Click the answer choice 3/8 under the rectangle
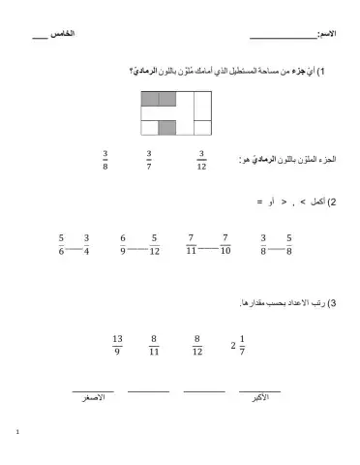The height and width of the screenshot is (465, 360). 105,160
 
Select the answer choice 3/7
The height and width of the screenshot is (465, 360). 149,160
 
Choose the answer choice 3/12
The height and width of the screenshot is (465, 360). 201,160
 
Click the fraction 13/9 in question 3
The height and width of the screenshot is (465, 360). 117,346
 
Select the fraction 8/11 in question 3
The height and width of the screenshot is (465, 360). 153,346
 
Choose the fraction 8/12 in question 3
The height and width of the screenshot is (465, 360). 196,346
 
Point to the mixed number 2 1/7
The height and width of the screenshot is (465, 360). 237,346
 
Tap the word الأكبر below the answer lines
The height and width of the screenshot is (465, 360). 258,397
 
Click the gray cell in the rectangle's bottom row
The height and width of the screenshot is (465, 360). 166,127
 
